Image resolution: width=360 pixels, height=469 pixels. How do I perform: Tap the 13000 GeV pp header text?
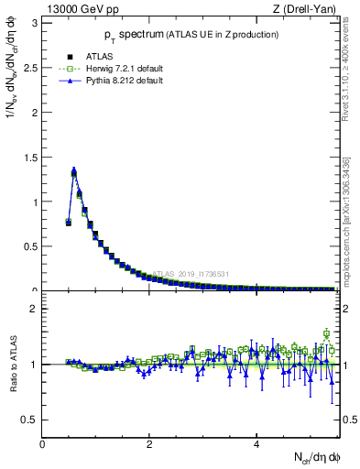pos(82,9)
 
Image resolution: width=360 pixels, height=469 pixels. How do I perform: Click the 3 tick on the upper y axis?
pos(35,22)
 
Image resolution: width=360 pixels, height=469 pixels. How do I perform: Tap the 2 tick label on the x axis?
pos(149,443)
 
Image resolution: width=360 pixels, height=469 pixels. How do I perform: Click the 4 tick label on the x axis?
pos(256,443)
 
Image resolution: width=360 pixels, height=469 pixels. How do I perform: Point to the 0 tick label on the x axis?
pos(42,443)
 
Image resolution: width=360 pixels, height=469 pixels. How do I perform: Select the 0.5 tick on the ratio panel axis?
pos(31,420)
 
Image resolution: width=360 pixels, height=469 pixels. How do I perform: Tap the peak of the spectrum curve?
pos(74,170)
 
